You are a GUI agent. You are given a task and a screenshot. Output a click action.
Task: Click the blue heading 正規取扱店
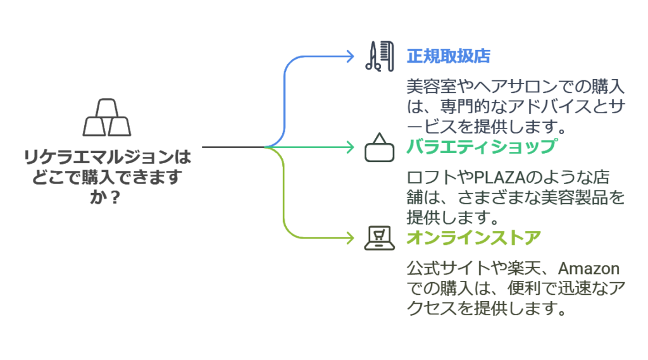[x=449, y=56]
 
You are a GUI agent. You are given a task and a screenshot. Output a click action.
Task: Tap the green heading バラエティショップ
[x=482, y=147]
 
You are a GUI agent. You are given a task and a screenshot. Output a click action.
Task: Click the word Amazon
[x=589, y=268]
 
